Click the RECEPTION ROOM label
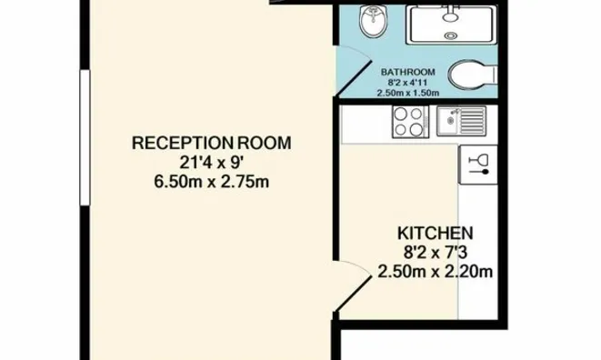pos(211,143)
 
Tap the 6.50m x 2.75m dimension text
pos(211,182)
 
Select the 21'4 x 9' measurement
pos(212,163)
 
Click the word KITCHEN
pos(435,233)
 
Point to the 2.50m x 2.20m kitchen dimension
pos(435,272)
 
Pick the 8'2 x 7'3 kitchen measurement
pos(435,253)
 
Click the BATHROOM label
pos(408,72)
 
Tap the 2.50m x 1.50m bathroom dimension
pos(408,93)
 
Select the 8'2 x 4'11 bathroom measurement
pos(408,83)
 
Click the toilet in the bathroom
pos(472,75)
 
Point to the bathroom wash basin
pos(373,22)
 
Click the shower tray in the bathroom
pos(452,25)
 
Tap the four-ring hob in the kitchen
pos(410,122)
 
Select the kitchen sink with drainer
pos(462,121)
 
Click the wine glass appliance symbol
pos(478,165)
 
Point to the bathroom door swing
pos(354,71)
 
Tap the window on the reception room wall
pos(85,137)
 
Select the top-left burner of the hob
pos(401,114)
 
